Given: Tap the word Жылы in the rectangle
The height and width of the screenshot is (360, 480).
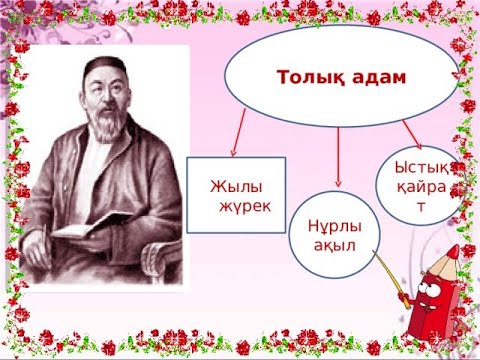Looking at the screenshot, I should click(229, 185).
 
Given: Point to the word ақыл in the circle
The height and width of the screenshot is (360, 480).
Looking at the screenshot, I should click(334, 245).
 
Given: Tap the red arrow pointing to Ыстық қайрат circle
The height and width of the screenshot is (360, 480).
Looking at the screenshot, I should click(409, 131).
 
